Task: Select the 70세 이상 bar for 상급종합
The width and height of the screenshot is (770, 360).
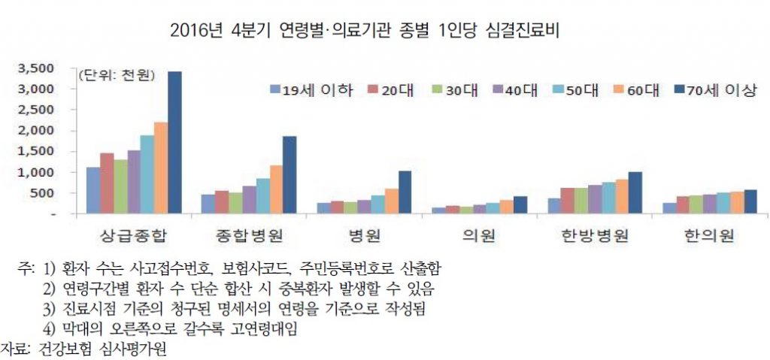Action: point(174,142)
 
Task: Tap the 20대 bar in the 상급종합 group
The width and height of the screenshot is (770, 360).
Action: point(106,183)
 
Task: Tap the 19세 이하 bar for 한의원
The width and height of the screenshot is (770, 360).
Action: point(668,208)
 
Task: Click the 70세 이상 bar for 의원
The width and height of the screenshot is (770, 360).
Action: point(520,204)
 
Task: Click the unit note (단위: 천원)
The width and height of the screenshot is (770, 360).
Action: point(116,74)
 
